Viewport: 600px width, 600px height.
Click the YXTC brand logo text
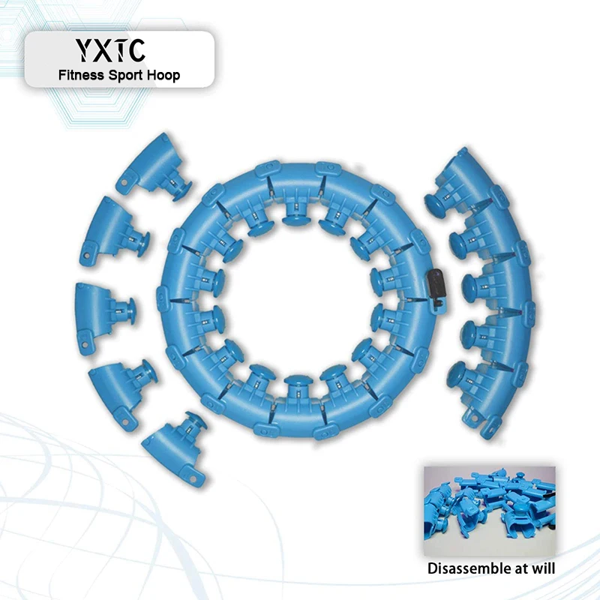pyautogui.click(x=109, y=49)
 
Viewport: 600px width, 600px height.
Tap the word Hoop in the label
pyautogui.click(x=164, y=76)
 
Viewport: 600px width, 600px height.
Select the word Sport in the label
pyautogui.click(x=126, y=76)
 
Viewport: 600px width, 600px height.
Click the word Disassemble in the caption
pyautogui.click(x=468, y=568)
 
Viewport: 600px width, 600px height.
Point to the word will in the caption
pyautogui.click(x=542, y=568)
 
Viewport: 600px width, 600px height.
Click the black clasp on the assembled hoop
pyautogui.click(x=436, y=288)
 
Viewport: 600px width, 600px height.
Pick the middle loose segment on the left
pyautogui.click(x=103, y=317)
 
